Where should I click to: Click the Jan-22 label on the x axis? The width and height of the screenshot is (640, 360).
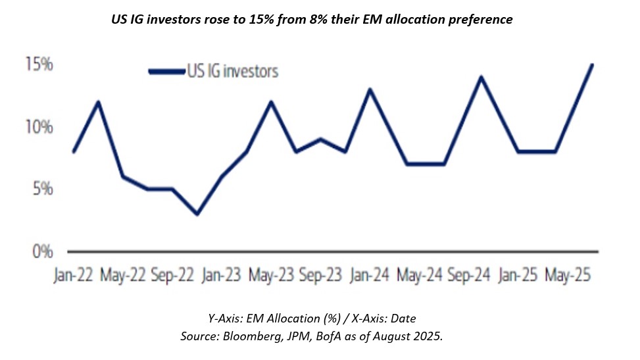tap(73, 275)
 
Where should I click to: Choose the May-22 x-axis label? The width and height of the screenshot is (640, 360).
tap(123, 275)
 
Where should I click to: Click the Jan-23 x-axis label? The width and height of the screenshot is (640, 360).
tap(221, 275)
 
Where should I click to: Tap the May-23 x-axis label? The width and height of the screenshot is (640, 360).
tap(271, 275)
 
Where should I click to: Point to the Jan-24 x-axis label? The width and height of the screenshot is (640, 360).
tap(370, 275)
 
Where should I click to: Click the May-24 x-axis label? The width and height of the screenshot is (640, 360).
tap(420, 275)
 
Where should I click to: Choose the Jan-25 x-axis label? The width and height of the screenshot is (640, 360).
tap(518, 275)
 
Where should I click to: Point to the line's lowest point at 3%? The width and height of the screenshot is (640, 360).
tap(197, 214)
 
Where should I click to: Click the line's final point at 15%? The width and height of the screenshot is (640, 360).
tap(592, 64)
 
